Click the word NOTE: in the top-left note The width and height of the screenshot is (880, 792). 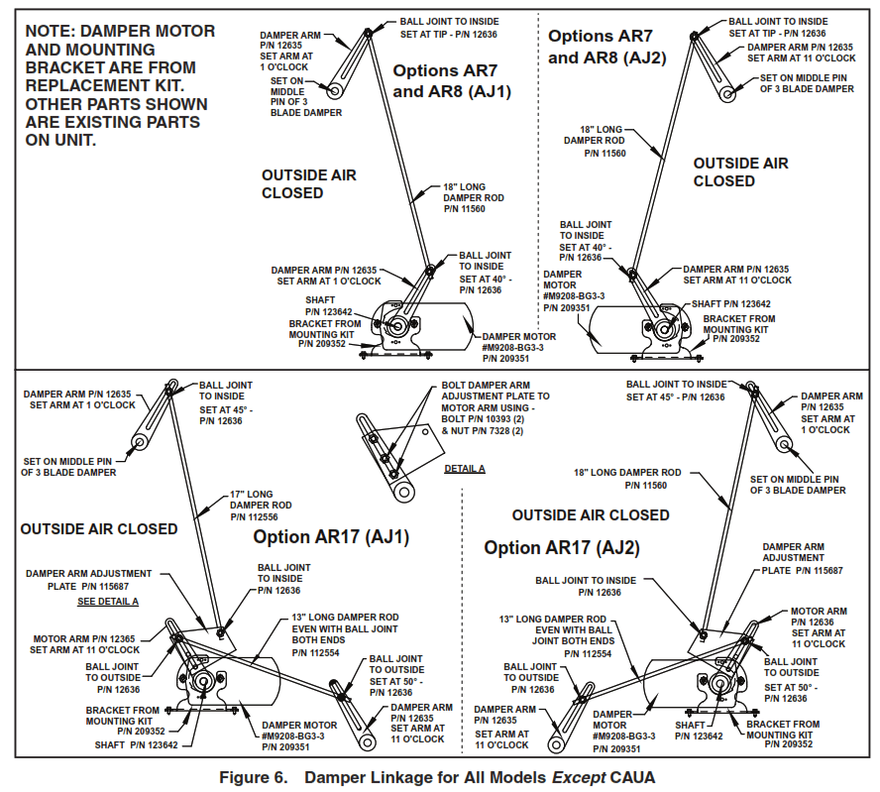[x=55, y=31]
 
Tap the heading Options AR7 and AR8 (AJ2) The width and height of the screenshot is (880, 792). [x=606, y=46]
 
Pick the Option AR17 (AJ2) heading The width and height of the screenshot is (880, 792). [x=562, y=547]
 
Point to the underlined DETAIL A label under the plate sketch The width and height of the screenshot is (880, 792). [x=465, y=468]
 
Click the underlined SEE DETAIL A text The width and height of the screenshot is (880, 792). [x=108, y=602]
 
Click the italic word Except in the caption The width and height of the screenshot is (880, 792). [x=569, y=777]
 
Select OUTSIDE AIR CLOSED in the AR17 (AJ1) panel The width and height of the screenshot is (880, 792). [x=99, y=529]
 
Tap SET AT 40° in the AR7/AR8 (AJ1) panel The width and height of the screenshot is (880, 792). [x=478, y=279]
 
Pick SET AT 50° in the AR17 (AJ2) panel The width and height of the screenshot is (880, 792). [x=789, y=686]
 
